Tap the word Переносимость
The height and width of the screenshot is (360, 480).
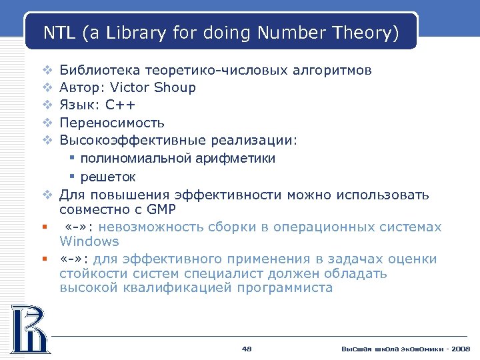coord(112,123)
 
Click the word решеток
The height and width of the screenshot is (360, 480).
coord(108,177)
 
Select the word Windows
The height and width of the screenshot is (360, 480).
coord(89,241)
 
